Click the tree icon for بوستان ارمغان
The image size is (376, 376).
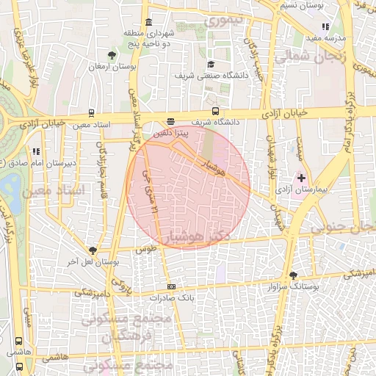point(112,55)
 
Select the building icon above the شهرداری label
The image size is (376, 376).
point(149,21)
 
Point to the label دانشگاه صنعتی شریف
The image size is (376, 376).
point(205,75)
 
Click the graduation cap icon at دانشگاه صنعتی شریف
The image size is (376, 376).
point(211,64)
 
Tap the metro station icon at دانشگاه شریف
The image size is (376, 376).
point(170,122)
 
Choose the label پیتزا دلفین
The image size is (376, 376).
point(172,135)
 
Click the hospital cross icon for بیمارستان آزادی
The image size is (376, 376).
point(301,178)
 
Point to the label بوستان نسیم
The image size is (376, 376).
point(302,5)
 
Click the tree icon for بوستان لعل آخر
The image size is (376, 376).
point(93,250)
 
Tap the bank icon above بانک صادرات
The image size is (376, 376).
point(172,286)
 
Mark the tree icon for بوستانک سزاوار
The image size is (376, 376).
point(293,275)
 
